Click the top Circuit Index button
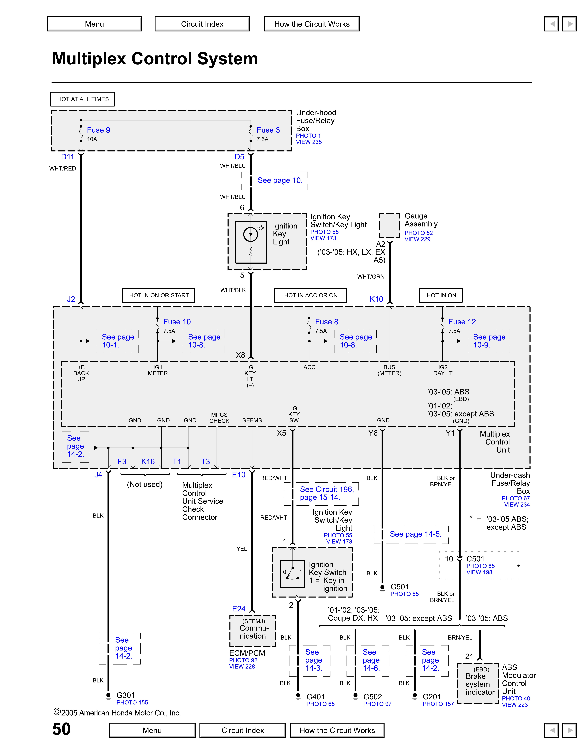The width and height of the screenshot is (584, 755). click(x=202, y=24)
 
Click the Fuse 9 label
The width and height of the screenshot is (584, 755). click(x=98, y=130)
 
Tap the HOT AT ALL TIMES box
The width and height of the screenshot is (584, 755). click(x=83, y=99)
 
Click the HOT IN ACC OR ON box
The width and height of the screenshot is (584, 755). click(x=310, y=295)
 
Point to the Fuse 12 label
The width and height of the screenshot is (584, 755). click(x=462, y=322)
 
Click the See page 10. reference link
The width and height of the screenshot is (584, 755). click(x=280, y=180)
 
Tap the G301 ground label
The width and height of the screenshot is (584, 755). click(x=126, y=695)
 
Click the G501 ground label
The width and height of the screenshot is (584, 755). click(x=400, y=587)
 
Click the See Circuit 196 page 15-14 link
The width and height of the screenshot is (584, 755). click(x=327, y=493)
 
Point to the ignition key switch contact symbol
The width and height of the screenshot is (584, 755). click(x=292, y=574)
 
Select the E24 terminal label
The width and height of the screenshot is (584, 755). click(x=239, y=609)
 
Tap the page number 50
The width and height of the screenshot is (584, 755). click(x=62, y=729)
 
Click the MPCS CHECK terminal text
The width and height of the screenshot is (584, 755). click(x=219, y=418)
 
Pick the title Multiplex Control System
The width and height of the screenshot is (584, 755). click(x=155, y=58)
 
